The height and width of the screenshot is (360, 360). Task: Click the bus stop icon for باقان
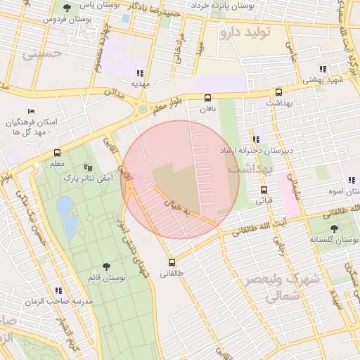tap(207, 98)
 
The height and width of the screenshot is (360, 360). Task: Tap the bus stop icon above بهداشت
tap(278, 92)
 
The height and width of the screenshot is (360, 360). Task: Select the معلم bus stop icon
tap(58, 153)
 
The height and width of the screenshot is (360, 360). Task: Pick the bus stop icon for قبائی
tap(264, 190)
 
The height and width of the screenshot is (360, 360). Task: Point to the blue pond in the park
tap(67, 216)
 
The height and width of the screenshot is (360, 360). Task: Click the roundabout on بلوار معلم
tap(143, 109)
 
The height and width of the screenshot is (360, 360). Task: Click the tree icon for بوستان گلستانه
tap(333, 229)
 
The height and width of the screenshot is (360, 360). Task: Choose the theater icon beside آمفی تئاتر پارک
tap(88, 167)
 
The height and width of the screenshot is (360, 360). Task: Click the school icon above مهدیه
tap(140, 72)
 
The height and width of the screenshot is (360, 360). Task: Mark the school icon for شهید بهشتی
tap(323, 69)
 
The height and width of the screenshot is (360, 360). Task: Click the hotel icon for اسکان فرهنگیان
tap(30, 112)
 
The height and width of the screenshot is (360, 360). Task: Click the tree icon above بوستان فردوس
tap(67, 8)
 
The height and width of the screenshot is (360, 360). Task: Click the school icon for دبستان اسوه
tap(352, 180)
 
